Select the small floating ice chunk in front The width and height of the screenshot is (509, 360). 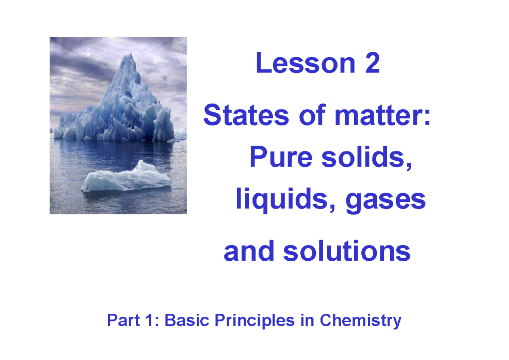tap(127, 178)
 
